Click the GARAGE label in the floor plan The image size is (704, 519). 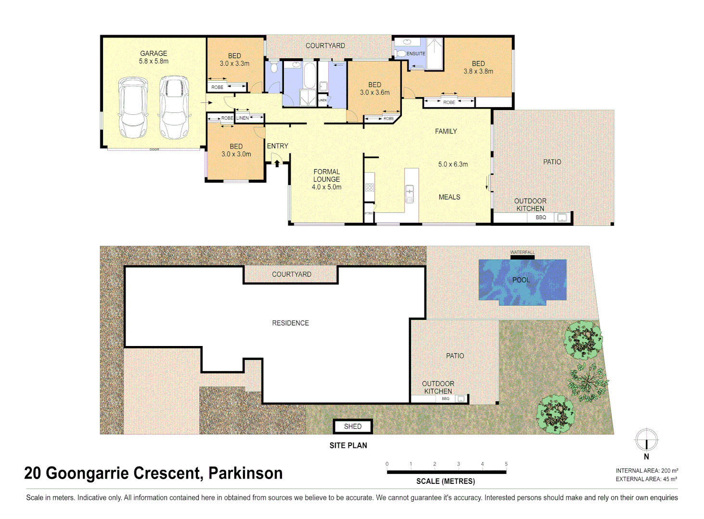154,53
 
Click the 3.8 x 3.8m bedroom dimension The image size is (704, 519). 478,71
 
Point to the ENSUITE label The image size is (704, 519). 416,54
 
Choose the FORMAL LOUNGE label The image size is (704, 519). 326,175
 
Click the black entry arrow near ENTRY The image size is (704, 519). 277,163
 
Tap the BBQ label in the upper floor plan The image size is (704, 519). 541,218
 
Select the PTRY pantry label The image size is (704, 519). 369,213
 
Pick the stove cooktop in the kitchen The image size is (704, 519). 370,187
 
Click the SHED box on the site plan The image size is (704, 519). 353,426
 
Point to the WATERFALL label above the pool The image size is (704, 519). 522,252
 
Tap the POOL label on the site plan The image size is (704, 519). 521,280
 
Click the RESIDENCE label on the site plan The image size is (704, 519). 290,323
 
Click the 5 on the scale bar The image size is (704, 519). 506,464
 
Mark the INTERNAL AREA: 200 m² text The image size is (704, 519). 647,471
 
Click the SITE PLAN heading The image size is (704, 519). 348,445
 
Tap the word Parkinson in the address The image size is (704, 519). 245,473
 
